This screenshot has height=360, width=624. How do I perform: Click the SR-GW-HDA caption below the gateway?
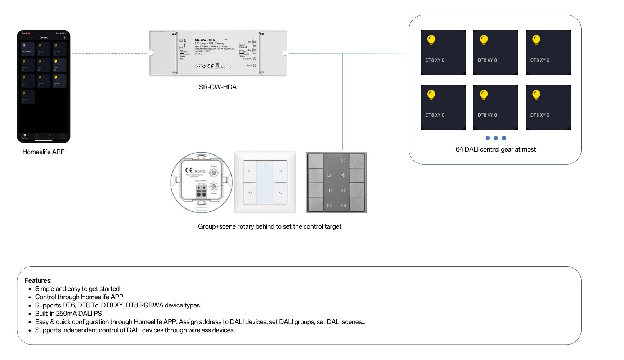click(x=217, y=87)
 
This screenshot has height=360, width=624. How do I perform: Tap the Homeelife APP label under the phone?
click(x=43, y=152)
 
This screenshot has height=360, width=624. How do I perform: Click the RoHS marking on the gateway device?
click(x=226, y=67)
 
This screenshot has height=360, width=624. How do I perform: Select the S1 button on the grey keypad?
click(x=329, y=190)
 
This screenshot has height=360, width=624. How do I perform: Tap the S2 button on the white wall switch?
click(x=280, y=171)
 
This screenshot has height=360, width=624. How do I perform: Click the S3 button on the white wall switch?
click(x=250, y=193)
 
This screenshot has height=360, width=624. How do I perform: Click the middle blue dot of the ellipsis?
click(x=496, y=138)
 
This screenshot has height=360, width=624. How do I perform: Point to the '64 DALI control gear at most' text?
click(x=495, y=149)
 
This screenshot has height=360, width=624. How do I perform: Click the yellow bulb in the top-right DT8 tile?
click(x=536, y=40)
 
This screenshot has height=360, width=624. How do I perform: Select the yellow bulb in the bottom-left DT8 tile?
click(x=431, y=95)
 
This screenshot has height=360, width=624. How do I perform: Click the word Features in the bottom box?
click(x=37, y=280)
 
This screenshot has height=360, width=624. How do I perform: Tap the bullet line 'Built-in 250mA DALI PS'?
click(x=68, y=314)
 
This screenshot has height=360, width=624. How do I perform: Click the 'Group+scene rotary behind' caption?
click(x=269, y=226)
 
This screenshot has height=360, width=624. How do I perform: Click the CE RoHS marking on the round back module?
click(x=195, y=171)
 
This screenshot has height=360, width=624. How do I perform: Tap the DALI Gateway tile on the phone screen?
click(x=27, y=49)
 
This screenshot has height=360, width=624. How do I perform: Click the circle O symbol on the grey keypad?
click(x=343, y=160)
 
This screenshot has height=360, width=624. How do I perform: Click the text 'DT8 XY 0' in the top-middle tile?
click(x=487, y=60)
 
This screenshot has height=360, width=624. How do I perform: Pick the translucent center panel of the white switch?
click(x=265, y=182)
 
